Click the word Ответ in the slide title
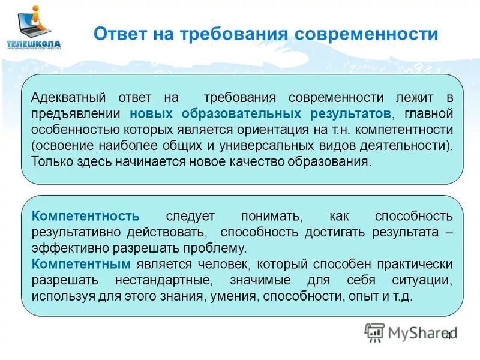coord(118,34)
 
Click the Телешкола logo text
coord(34,43)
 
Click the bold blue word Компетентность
coord(85,215)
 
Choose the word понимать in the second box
coord(267,215)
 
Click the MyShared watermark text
coord(420,332)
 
